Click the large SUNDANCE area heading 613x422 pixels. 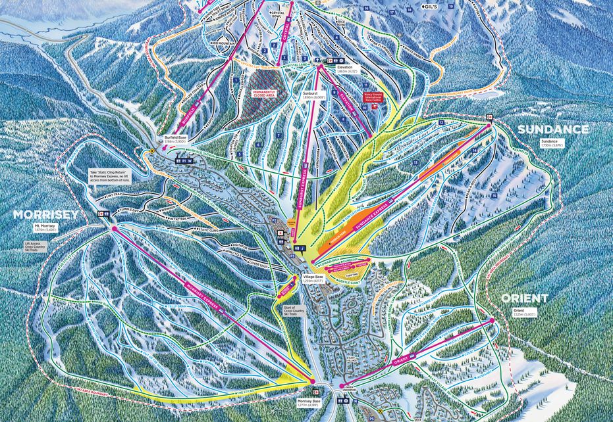point(552,129)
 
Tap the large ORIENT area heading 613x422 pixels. point(524,298)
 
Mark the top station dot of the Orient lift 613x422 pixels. point(491,320)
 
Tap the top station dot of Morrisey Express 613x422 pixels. point(115,229)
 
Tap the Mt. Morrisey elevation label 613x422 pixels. point(46,228)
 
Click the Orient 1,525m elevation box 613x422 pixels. point(524,312)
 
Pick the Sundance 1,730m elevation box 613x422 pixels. point(552,143)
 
